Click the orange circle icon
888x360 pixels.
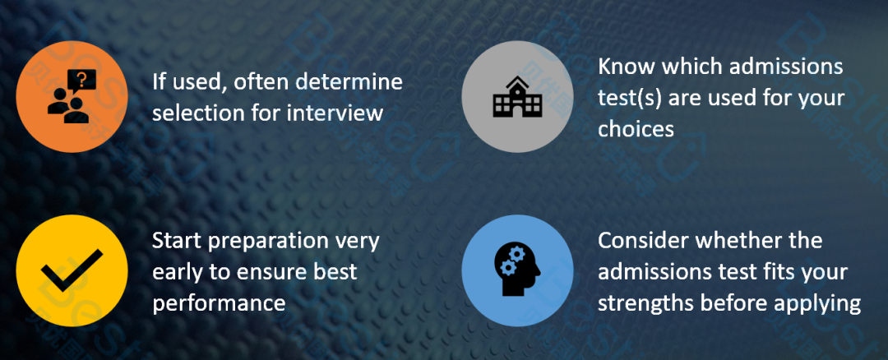[x=72, y=96]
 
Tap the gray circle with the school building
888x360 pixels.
[x=518, y=96]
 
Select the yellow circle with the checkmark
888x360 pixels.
[x=72, y=270]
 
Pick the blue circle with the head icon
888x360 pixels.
[x=518, y=270]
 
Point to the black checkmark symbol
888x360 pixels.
[x=72, y=270]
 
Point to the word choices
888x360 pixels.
[x=636, y=129]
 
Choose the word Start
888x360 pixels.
[x=176, y=241]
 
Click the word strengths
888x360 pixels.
[x=645, y=305]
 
